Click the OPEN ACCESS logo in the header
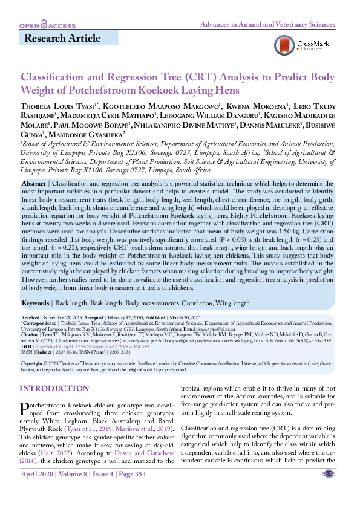[47, 26]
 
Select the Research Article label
[62, 39]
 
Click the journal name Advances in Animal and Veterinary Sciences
[267, 25]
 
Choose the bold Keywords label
[36, 303]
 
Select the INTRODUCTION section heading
[54, 388]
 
